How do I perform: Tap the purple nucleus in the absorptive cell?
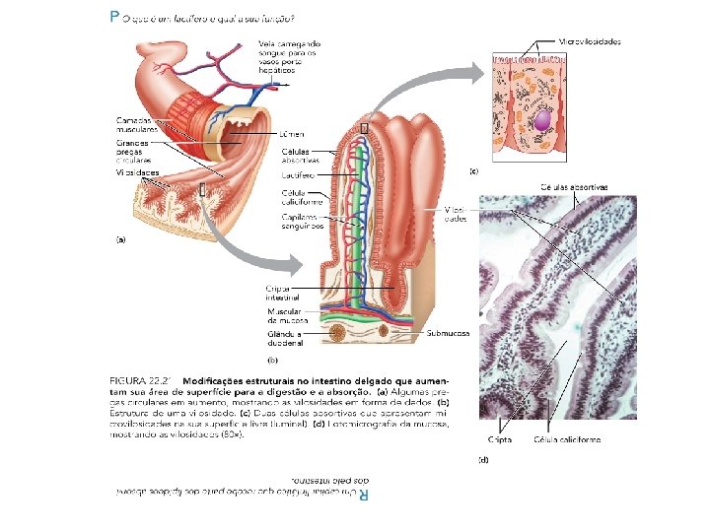coord(542,120)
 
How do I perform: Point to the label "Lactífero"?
coord(299,174)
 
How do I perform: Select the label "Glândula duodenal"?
coord(285,338)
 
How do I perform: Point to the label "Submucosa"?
coord(449,333)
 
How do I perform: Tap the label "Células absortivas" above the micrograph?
coord(574,187)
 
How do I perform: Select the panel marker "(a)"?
coord(121,239)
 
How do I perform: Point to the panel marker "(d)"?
coord(484,459)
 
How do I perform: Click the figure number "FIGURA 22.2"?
coord(142,379)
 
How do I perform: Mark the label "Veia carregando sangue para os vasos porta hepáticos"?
coord(290,58)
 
